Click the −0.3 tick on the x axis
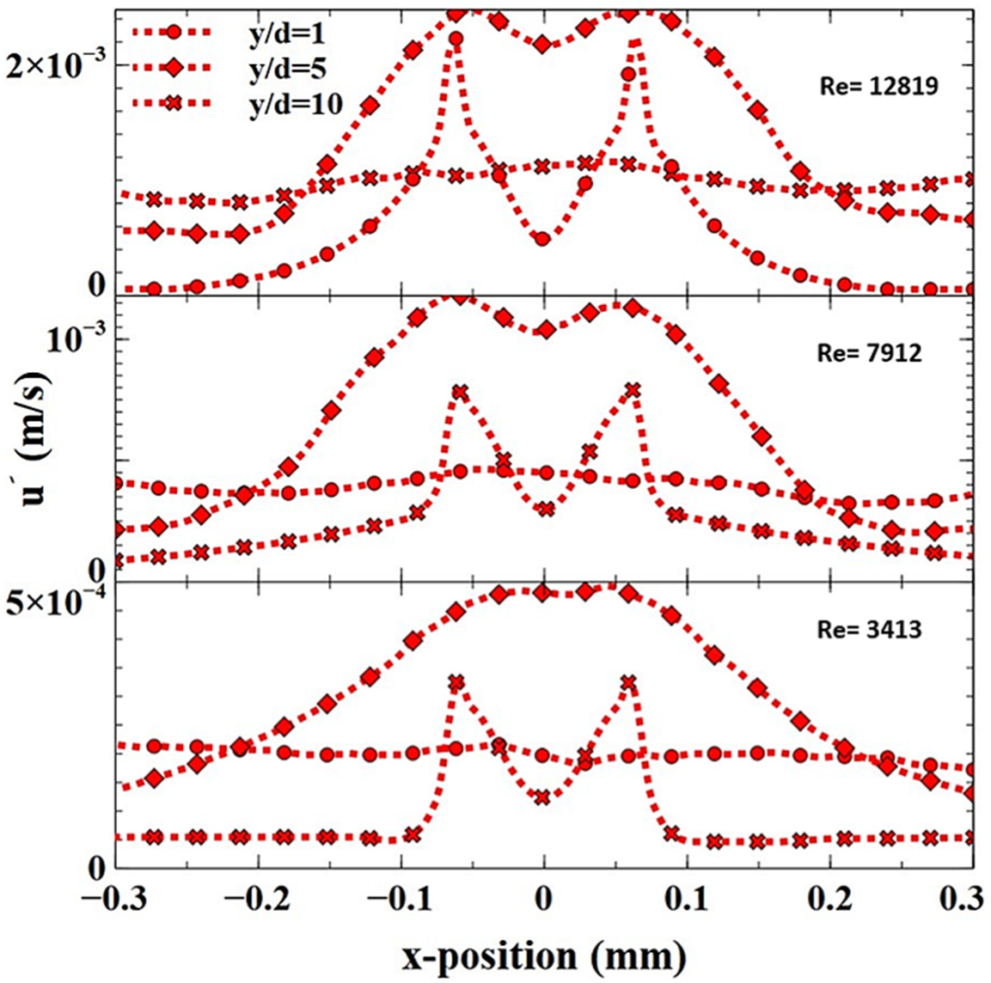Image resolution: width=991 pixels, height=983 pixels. pos(110,905)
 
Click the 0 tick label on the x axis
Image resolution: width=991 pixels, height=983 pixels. pos(543,905)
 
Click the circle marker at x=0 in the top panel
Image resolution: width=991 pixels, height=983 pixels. pos(542,239)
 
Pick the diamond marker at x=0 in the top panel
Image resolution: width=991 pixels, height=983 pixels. pos(542,44)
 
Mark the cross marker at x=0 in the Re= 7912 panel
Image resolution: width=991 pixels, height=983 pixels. pos(545,510)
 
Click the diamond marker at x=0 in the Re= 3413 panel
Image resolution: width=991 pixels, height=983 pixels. pos(542,593)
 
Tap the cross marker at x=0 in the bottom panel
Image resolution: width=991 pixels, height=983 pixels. pos(542,797)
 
